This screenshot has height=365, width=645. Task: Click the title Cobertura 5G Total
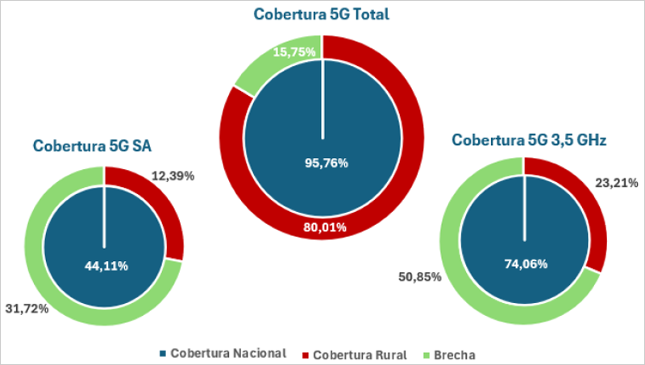tap(322, 14)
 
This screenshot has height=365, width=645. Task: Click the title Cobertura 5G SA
tap(93, 146)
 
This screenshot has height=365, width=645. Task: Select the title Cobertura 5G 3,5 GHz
tap(529, 139)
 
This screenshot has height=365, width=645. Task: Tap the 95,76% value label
tap(322, 163)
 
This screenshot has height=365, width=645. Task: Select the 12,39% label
tap(174, 175)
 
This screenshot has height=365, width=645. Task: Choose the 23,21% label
tap(614, 183)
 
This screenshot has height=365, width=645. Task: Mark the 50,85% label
tap(419, 277)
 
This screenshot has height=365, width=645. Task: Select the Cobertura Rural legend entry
tap(354, 354)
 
